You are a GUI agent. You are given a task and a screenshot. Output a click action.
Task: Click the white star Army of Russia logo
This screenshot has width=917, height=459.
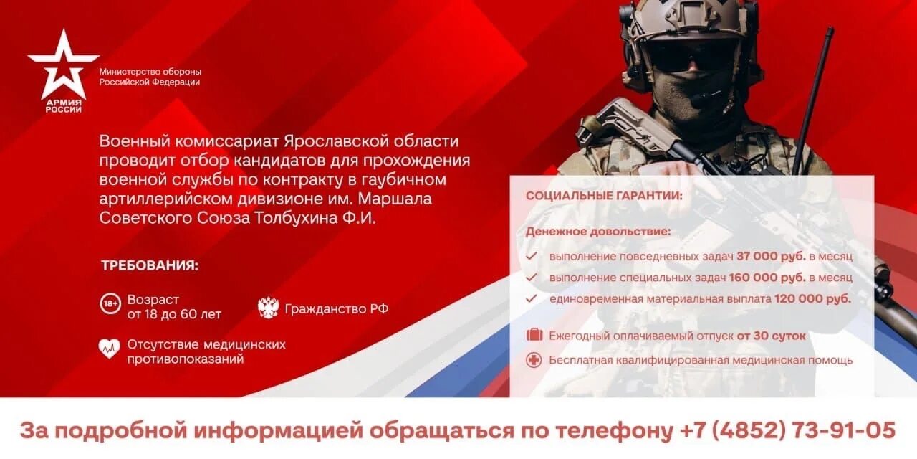point(63,66)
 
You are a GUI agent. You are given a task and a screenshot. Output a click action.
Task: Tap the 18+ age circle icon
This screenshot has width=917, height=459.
point(110,305)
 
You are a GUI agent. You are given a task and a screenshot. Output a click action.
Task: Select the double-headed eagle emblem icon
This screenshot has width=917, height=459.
point(268,308)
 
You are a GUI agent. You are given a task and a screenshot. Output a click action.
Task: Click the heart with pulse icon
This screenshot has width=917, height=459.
point(109,349)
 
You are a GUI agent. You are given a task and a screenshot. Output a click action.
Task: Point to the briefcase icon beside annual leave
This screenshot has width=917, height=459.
point(534,335)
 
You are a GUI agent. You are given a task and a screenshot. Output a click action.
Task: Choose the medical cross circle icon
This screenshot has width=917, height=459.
point(534,360)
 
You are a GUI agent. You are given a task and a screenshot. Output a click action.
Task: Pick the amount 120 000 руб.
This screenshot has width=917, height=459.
point(812,298)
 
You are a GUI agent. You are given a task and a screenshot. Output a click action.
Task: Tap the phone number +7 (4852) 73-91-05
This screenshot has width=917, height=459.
point(787,430)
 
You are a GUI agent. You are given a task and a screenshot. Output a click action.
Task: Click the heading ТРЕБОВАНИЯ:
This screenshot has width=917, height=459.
point(150,265)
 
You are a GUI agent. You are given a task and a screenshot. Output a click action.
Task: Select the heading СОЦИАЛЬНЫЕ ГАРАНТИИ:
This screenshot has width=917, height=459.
point(604,196)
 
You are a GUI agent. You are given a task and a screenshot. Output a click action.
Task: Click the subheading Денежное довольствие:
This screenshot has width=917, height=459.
point(598,232)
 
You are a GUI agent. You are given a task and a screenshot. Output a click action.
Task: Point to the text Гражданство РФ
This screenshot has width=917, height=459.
point(337,308)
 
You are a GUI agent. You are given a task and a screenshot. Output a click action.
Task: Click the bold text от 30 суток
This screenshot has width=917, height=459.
point(772,336)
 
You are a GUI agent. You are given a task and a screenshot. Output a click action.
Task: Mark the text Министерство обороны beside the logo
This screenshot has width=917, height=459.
point(150,72)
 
